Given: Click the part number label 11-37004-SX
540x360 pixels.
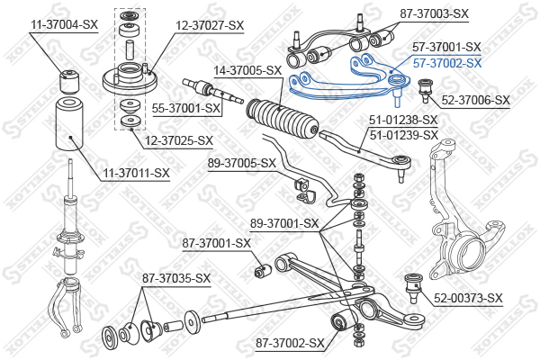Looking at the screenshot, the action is tap(65, 25).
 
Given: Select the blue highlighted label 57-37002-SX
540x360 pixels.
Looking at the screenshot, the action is tap(447, 63).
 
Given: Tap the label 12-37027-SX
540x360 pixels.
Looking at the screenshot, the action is tap(210, 25).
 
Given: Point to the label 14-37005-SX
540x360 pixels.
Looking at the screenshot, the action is tap(247, 70).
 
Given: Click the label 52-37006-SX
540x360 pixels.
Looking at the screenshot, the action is tap(475, 100).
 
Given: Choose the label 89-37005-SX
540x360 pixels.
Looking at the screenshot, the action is tap(242, 163).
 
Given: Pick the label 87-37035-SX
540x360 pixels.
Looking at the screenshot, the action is tap(176, 278).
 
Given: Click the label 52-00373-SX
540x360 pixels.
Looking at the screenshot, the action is tap(468, 298).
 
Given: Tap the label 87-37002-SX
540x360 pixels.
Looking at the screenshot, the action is tap(290, 343).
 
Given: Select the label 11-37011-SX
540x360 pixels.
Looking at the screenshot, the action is tap(137, 173).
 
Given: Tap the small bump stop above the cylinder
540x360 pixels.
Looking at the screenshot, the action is tap(69, 82).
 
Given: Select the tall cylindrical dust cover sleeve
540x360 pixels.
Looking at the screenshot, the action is tap(69, 124).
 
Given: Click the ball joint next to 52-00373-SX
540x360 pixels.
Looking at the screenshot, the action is tap(413, 287).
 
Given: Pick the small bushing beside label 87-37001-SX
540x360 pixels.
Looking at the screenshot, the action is tap(263, 270).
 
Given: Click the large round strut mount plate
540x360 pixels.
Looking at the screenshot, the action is tap(130, 79).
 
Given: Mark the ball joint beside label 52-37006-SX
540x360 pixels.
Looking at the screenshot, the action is tap(426, 90).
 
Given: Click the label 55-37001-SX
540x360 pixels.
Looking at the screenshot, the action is tap(186, 108).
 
